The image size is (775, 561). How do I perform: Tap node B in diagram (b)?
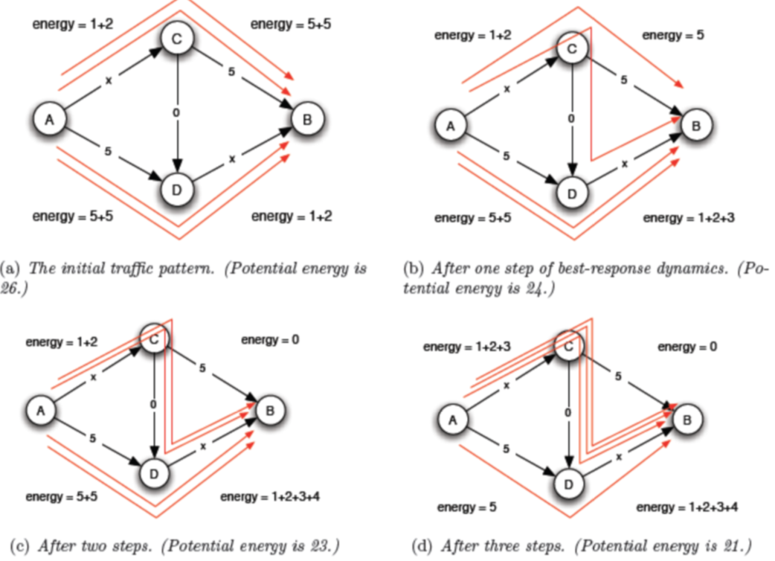click(695, 126)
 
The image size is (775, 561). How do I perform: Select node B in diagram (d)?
click(687, 420)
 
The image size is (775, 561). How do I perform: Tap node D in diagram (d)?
click(569, 484)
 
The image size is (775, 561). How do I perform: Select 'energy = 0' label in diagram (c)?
click(269, 340)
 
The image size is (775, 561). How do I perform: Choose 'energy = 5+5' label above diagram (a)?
click(291, 25)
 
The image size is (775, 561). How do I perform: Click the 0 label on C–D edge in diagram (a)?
click(176, 113)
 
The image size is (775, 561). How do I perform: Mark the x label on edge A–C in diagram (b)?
click(508, 88)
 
